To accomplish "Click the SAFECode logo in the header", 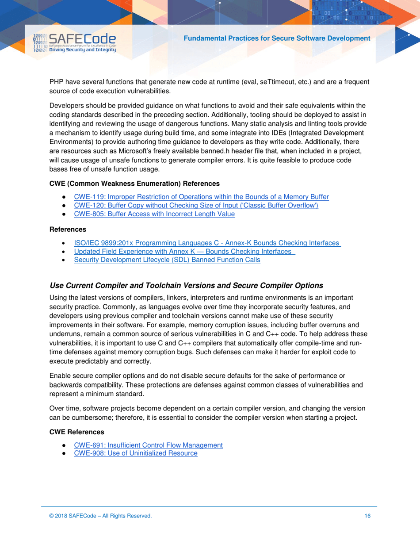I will [x=74, y=43].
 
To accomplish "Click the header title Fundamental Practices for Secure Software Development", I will [x=277, y=38].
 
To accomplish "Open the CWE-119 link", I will [x=201, y=197].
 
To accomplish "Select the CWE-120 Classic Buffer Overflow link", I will [x=196, y=205].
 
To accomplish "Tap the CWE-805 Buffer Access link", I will [x=154, y=214].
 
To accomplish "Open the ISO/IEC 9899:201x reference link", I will [x=207, y=243].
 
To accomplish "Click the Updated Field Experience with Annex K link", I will [x=184, y=251].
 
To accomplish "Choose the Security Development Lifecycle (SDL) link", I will [x=167, y=260].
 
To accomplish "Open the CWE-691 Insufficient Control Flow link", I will [x=148, y=445].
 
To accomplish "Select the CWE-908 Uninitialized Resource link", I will [x=135, y=453].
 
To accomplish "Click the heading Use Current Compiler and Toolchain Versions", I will [x=186, y=285].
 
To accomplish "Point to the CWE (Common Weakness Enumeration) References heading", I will [x=134, y=183].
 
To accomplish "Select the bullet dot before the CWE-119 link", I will [x=65, y=197].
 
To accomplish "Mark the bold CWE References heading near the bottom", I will [x=77, y=432].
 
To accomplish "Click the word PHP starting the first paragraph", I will [x=56, y=82].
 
